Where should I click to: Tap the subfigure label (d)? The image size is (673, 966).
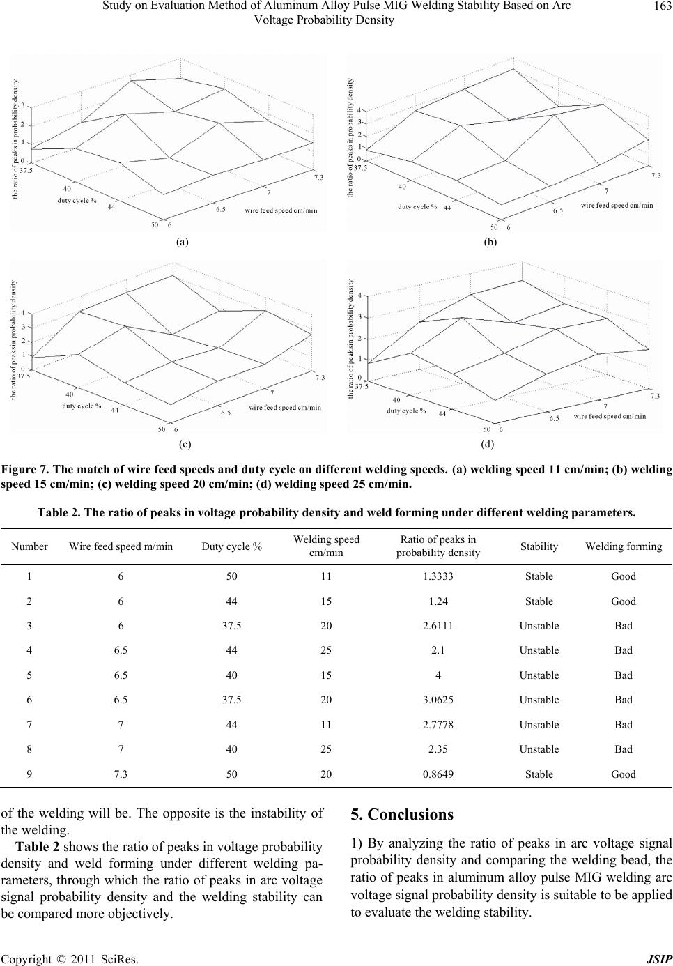[x=487, y=443]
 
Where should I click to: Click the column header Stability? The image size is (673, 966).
[x=539, y=546]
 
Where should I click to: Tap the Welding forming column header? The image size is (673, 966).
[x=624, y=546]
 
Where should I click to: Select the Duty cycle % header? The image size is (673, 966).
[x=232, y=546]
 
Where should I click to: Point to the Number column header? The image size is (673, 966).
[x=29, y=546]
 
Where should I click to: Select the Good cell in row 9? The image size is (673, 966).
[x=624, y=774]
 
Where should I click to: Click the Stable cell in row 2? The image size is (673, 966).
[x=539, y=601]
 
